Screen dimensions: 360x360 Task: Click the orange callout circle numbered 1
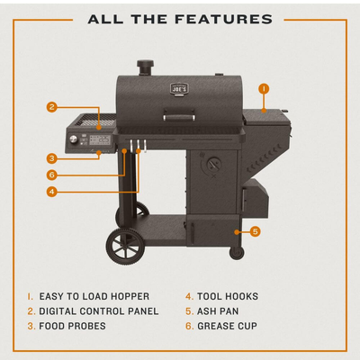point(264,89)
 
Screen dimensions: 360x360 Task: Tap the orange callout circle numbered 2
point(52,107)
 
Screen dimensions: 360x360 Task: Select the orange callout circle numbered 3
point(52,158)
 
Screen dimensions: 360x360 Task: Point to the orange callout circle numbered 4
point(52,192)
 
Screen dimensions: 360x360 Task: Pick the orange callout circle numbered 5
point(255,231)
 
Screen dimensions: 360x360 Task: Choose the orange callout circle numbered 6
point(52,175)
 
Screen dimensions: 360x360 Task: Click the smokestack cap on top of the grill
point(146,65)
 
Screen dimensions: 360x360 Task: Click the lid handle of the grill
point(178,116)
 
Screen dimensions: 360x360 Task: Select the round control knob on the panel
point(73,139)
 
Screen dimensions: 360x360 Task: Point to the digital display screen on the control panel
point(100,139)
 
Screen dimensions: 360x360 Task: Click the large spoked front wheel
point(125,246)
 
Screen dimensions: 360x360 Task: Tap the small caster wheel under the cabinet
point(237,253)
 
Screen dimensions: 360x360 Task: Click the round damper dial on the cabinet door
point(213,164)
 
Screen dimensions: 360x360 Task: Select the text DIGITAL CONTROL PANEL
point(99,311)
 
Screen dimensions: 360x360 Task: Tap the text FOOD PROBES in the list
point(72,326)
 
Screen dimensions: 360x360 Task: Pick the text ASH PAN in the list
point(218,311)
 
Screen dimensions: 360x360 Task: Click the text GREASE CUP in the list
point(227,326)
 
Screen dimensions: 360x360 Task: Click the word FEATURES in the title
point(223,20)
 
